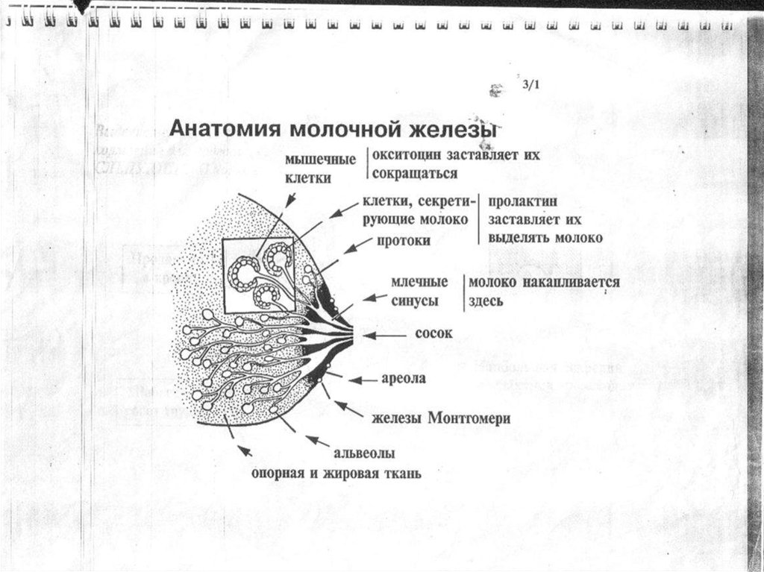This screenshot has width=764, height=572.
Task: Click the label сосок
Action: tap(433, 333)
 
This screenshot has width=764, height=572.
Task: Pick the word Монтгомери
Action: tap(469, 418)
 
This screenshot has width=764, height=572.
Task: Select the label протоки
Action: tap(403, 241)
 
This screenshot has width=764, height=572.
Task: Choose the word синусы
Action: tap(414, 301)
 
